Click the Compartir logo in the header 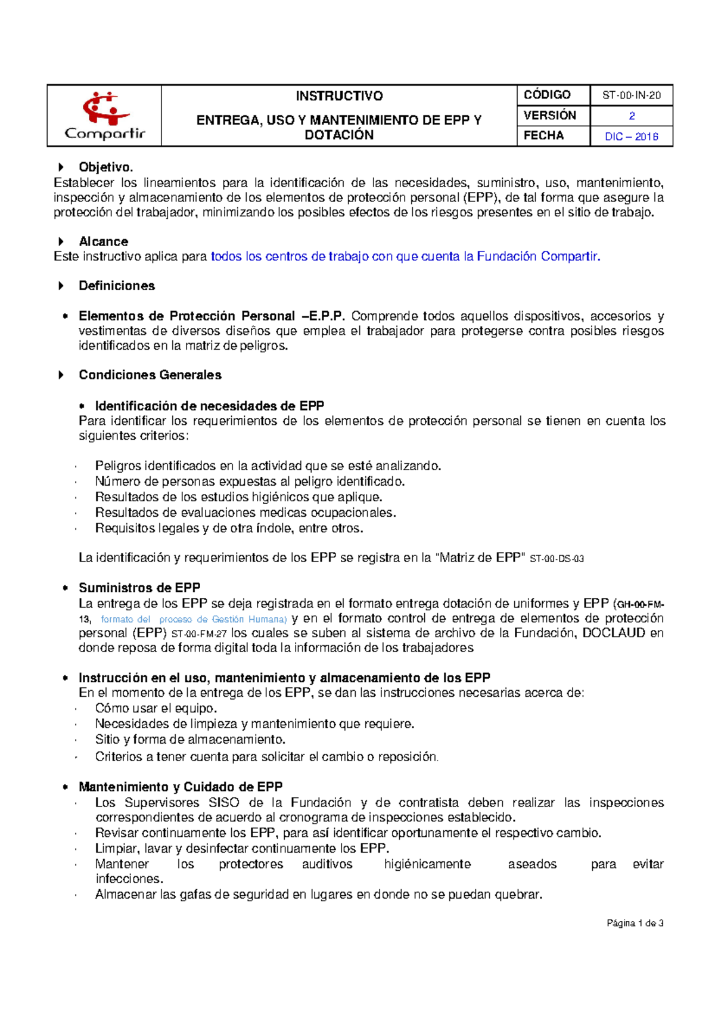pos(105,116)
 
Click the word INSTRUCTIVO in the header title pos(339,96)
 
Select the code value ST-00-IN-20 pos(631,95)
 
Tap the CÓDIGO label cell pos(547,95)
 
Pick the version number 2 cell pos(632,116)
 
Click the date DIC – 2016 pos(631,136)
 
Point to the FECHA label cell pos(543,136)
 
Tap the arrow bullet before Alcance pos(61,242)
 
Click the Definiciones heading pos(117,286)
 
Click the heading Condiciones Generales pos(150,375)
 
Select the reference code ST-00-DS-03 pos(557,559)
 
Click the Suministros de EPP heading pos(139,588)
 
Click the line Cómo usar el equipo pos(156,708)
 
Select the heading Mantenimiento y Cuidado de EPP pos(181,787)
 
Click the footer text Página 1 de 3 pos(635,923)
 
